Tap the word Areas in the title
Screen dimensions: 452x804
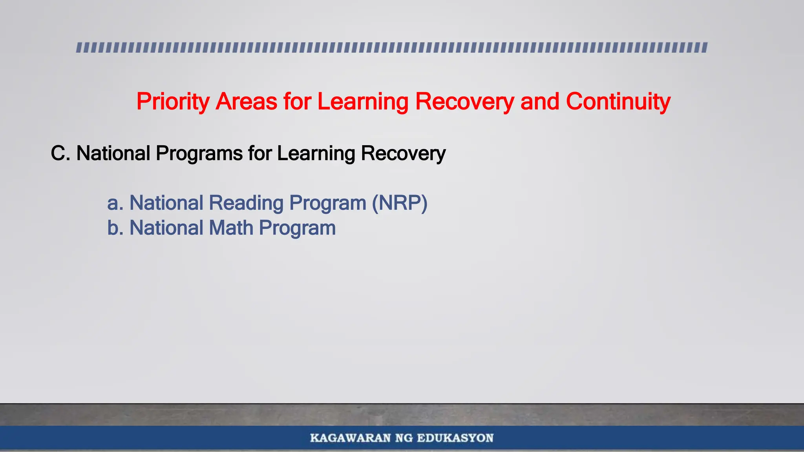[x=247, y=102]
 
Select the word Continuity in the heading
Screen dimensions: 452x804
[x=618, y=102]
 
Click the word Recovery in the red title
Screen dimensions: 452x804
[x=464, y=102]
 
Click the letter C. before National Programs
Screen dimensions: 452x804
[x=60, y=153]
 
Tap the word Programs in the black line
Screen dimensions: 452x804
[x=199, y=153]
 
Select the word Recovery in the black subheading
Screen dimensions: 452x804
[x=403, y=153]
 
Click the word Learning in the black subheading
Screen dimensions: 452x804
[x=316, y=153]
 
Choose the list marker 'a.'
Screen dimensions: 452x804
[x=115, y=203]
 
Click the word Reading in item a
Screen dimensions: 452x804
[x=246, y=203]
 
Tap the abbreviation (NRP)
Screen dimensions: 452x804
[x=400, y=203]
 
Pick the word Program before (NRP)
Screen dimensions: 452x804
[x=328, y=203]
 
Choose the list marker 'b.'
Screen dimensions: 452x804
[x=115, y=228]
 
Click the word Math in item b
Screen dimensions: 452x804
[x=231, y=228]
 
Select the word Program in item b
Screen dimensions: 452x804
[x=297, y=228]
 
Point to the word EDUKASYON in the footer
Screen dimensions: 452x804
[x=455, y=438]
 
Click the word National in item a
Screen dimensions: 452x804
[x=166, y=203]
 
